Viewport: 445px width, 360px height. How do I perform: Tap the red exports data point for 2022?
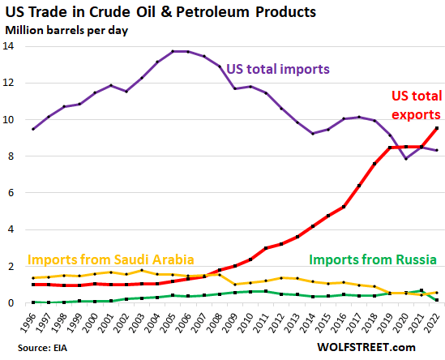[x=438, y=128]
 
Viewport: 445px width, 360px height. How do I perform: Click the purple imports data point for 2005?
[x=173, y=52]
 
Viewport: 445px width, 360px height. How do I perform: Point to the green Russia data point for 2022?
[x=438, y=300]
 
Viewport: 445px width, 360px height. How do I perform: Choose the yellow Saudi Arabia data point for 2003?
[x=141, y=270]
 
